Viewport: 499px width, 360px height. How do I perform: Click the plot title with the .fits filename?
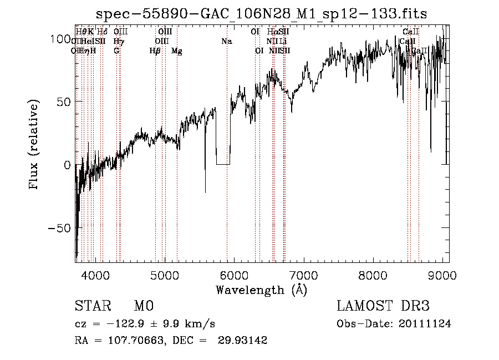tap(261, 14)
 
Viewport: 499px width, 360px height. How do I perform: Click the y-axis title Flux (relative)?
tap(34, 145)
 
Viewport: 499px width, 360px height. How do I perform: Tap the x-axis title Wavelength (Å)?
tap(261, 290)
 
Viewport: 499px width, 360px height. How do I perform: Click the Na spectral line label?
tap(226, 42)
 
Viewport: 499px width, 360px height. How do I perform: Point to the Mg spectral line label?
tap(177, 51)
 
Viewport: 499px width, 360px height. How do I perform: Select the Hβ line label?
tap(155, 51)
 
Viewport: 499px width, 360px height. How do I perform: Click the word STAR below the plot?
tap(93, 306)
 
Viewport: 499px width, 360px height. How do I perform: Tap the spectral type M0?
tap(142, 306)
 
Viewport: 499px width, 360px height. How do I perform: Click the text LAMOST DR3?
tap(383, 306)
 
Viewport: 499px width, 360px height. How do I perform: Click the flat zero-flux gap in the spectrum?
tap(223, 164)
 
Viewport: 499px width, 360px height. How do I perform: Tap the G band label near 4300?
tap(116, 51)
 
